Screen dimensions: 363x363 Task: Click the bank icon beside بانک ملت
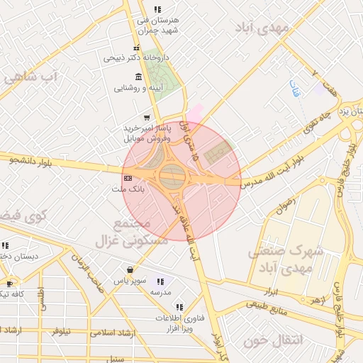[x=128, y=177]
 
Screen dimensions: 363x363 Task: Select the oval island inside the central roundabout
[x=172, y=177]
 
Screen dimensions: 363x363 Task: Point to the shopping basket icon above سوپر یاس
[x=130, y=269]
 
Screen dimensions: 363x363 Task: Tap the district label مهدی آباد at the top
[x=263, y=28]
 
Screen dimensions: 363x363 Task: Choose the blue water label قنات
[x=294, y=89]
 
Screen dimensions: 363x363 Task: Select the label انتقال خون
[x=273, y=341]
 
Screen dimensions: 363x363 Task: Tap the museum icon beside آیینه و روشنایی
[x=137, y=77]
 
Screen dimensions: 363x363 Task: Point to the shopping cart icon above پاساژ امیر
[x=147, y=118]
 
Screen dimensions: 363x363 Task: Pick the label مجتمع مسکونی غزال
[x=138, y=231]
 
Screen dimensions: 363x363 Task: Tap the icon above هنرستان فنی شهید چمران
[x=157, y=9]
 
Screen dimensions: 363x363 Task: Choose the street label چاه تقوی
[x=315, y=121]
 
